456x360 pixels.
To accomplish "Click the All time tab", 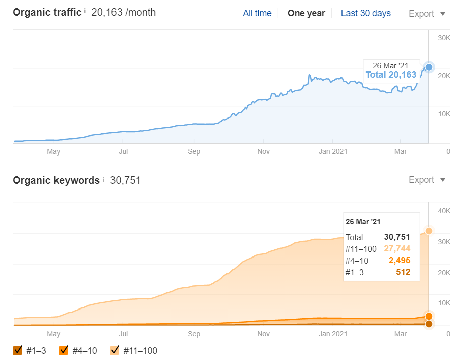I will (x=257, y=13).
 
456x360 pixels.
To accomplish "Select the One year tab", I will (x=306, y=13).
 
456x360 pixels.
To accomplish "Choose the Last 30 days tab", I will (x=366, y=13).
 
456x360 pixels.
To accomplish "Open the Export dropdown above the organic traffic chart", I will (x=427, y=14).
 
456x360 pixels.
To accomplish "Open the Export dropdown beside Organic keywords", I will (x=427, y=180).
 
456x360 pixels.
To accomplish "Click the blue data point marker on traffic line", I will (x=429, y=67).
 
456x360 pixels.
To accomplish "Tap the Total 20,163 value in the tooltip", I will (x=391, y=75).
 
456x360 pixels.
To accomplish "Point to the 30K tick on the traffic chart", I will (x=444, y=38).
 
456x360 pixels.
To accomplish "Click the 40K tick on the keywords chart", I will (x=444, y=211).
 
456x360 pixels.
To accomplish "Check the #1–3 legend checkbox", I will (x=18, y=350).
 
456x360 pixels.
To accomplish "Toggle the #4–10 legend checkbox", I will (x=64, y=350).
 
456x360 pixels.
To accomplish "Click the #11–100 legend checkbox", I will (x=115, y=350).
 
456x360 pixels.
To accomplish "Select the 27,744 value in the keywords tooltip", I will (x=396, y=248).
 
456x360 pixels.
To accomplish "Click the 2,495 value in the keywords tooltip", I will (x=399, y=260).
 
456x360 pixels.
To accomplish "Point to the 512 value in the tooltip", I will (x=403, y=272).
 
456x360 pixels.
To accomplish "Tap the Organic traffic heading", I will (x=47, y=13).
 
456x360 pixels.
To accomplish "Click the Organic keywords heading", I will (x=56, y=180).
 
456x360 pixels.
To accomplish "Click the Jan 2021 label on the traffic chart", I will (x=332, y=151).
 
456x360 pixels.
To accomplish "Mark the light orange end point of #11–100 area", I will (x=429, y=231).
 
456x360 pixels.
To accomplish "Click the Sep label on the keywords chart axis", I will (x=194, y=334).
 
